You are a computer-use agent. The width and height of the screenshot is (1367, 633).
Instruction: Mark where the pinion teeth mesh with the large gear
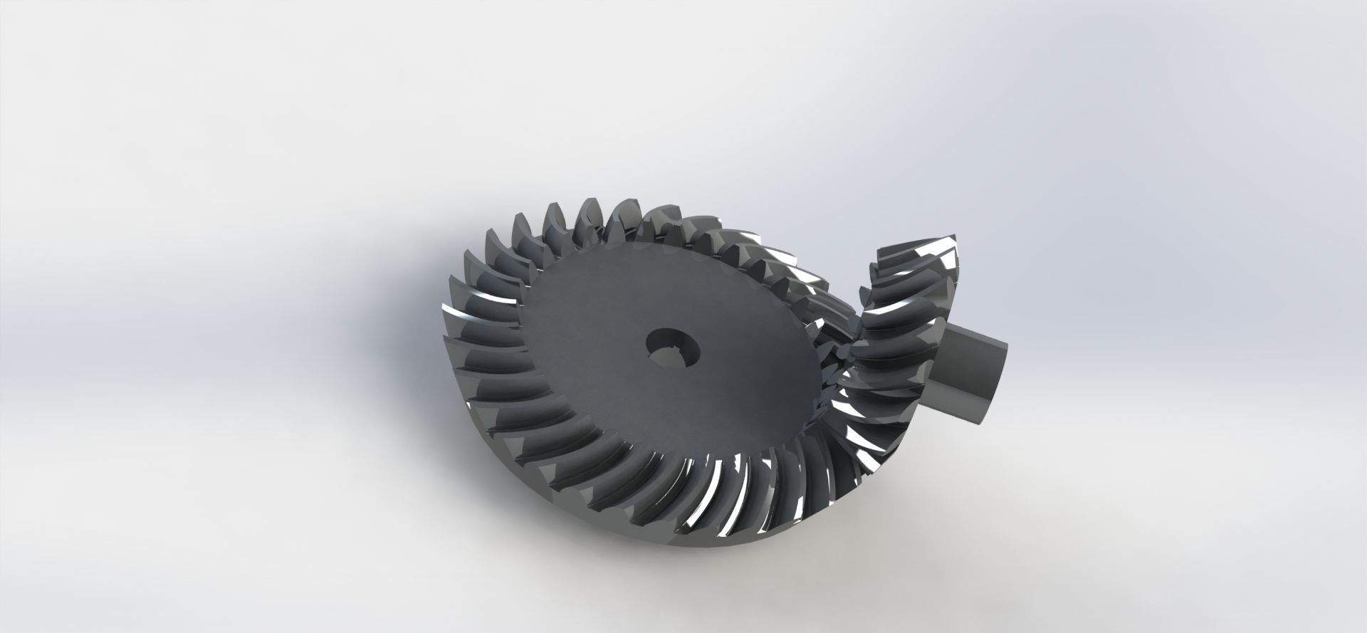click(x=844, y=356)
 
